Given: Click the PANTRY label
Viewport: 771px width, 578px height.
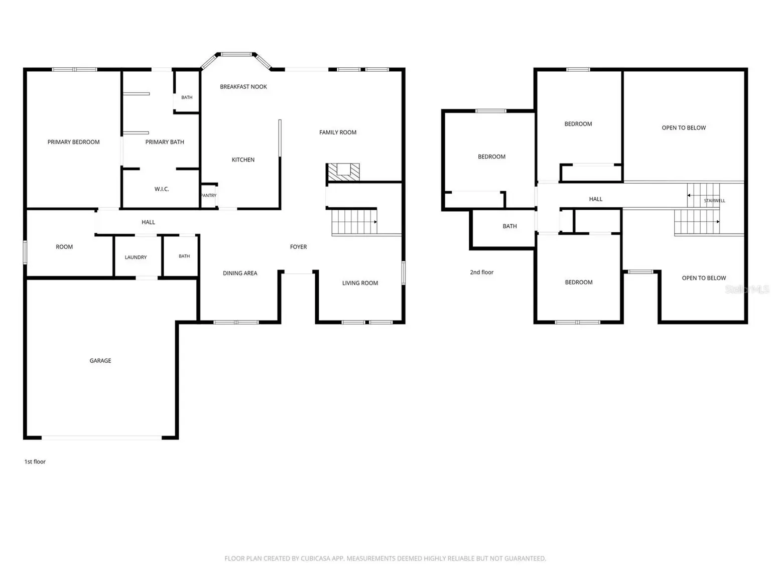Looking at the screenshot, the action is coord(208,195).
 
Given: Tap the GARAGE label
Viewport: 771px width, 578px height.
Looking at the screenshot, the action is coord(100,360).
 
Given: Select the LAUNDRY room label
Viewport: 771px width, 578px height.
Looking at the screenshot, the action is coord(136,257).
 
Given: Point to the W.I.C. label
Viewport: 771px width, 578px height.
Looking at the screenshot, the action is coord(162,189).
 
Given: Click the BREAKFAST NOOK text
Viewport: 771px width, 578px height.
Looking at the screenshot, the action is coord(243,87).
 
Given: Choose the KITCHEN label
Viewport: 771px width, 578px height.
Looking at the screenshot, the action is coord(243,160).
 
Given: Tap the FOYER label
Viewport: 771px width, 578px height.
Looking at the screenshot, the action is coord(298,247).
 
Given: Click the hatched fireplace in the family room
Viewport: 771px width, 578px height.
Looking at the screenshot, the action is coord(343,172).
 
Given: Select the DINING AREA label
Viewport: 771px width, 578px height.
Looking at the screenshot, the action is coord(240,273).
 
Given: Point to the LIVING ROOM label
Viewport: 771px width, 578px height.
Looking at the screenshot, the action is coord(360,283).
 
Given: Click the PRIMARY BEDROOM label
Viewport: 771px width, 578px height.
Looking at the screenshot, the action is coord(73,142).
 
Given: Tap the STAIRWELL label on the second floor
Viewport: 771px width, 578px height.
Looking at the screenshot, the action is coord(714,201).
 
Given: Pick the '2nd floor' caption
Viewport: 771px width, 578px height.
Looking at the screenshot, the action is coord(481,272).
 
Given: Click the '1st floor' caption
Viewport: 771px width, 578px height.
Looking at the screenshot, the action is coord(35,462).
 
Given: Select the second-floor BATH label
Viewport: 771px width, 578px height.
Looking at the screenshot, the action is coord(509,226).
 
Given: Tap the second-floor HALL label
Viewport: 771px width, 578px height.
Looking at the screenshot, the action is coord(595,199).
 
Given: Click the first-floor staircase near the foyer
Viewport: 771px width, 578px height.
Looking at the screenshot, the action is coord(354,222).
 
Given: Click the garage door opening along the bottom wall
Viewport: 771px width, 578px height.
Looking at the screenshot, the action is coord(101,438).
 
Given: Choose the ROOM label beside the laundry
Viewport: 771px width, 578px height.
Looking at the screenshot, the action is coord(64,247).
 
